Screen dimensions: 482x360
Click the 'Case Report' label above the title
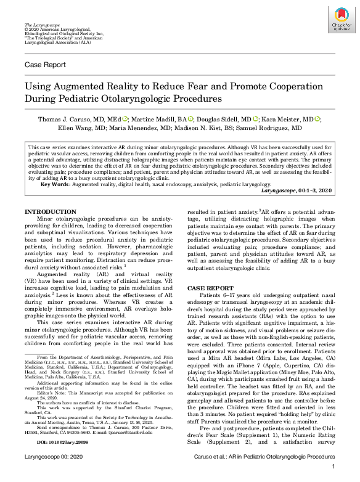45,65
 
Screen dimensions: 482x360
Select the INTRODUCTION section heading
51,211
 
